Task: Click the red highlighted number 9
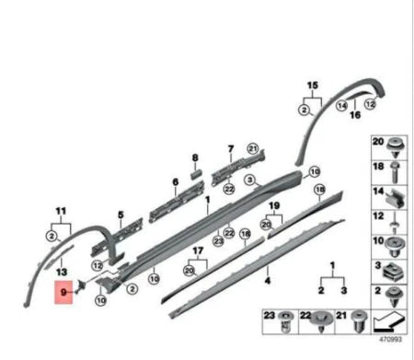click(x=63, y=292)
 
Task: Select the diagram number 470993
click(x=390, y=340)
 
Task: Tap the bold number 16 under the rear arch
click(x=355, y=115)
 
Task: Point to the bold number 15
click(x=313, y=85)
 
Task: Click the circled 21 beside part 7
click(x=253, y=149)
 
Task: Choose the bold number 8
click(x=195, y=157)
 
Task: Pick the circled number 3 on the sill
click(x=250, y=180)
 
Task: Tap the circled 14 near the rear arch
click(x=341, y=106)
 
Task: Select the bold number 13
click(x=62, y=272)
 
